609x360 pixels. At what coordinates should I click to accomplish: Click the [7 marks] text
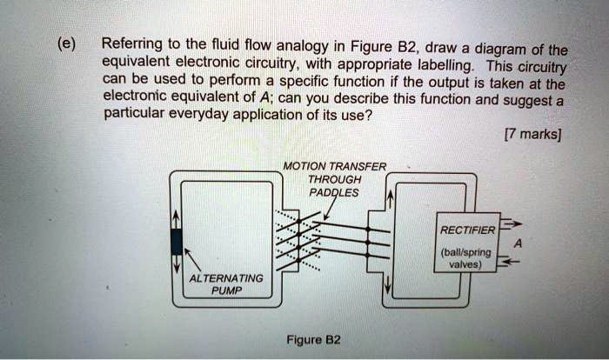point(532,135)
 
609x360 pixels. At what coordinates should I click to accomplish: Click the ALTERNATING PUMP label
point(225,284)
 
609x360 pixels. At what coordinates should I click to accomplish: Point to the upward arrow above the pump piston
point(177,218)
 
